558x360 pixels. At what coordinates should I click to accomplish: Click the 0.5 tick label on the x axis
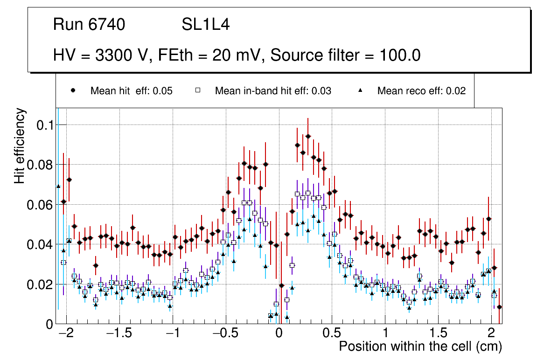(332, 334)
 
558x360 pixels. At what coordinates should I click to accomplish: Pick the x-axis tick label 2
(491, 334)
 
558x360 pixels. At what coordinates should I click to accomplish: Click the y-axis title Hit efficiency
(20, 146)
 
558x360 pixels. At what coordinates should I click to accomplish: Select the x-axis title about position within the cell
(420, 347)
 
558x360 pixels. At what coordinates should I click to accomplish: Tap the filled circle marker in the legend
(73, 90)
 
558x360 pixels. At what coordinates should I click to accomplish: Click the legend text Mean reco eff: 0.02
(421, 91)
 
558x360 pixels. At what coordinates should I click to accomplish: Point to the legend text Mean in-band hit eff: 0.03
(273, 91)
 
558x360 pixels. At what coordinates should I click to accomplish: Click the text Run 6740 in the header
(89, 25)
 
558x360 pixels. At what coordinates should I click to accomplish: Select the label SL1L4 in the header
(206, 25)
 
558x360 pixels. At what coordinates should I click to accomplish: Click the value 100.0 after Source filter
(398, 55)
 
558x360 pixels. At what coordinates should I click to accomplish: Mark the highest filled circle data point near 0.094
(308, 136)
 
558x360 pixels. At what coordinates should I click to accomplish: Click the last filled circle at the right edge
(499, 307)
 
